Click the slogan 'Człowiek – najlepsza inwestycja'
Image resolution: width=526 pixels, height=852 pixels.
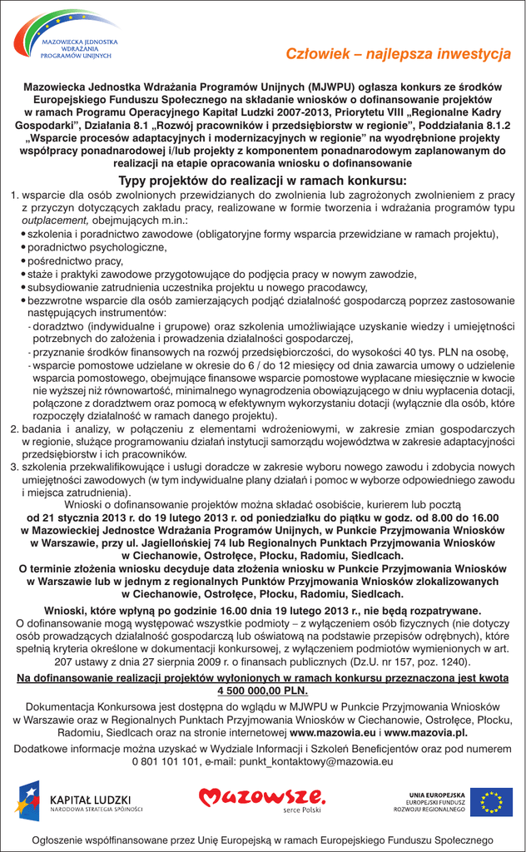pos(398,54)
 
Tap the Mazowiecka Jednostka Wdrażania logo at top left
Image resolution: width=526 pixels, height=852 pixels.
pos(67,37)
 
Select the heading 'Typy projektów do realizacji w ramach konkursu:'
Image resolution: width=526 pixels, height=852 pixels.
pos(262,181)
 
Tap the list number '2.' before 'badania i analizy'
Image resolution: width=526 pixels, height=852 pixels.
pos(15,428)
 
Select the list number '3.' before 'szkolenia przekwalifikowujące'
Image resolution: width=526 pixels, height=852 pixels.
pos(15,468)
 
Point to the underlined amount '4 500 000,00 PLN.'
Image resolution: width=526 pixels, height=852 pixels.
pos(262,691)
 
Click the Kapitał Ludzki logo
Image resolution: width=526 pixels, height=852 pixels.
pos(79,800)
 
